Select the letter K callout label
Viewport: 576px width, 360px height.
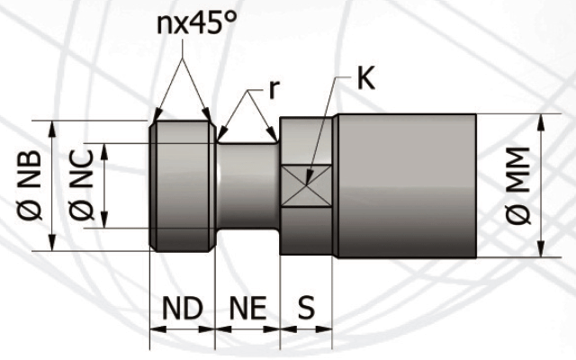[x=364, y=78]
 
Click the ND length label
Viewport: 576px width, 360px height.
[x=182, y=308]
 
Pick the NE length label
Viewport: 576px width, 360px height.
[x=247, y=308]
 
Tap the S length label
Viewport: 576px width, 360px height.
[x=307, y=308]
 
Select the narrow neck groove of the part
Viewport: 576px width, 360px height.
[x=247, y=185]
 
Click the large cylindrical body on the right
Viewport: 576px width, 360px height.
[x=405, y=185]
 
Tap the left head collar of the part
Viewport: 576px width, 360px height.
[x=183, y=185]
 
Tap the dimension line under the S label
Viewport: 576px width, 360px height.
[x=307, y=328]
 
